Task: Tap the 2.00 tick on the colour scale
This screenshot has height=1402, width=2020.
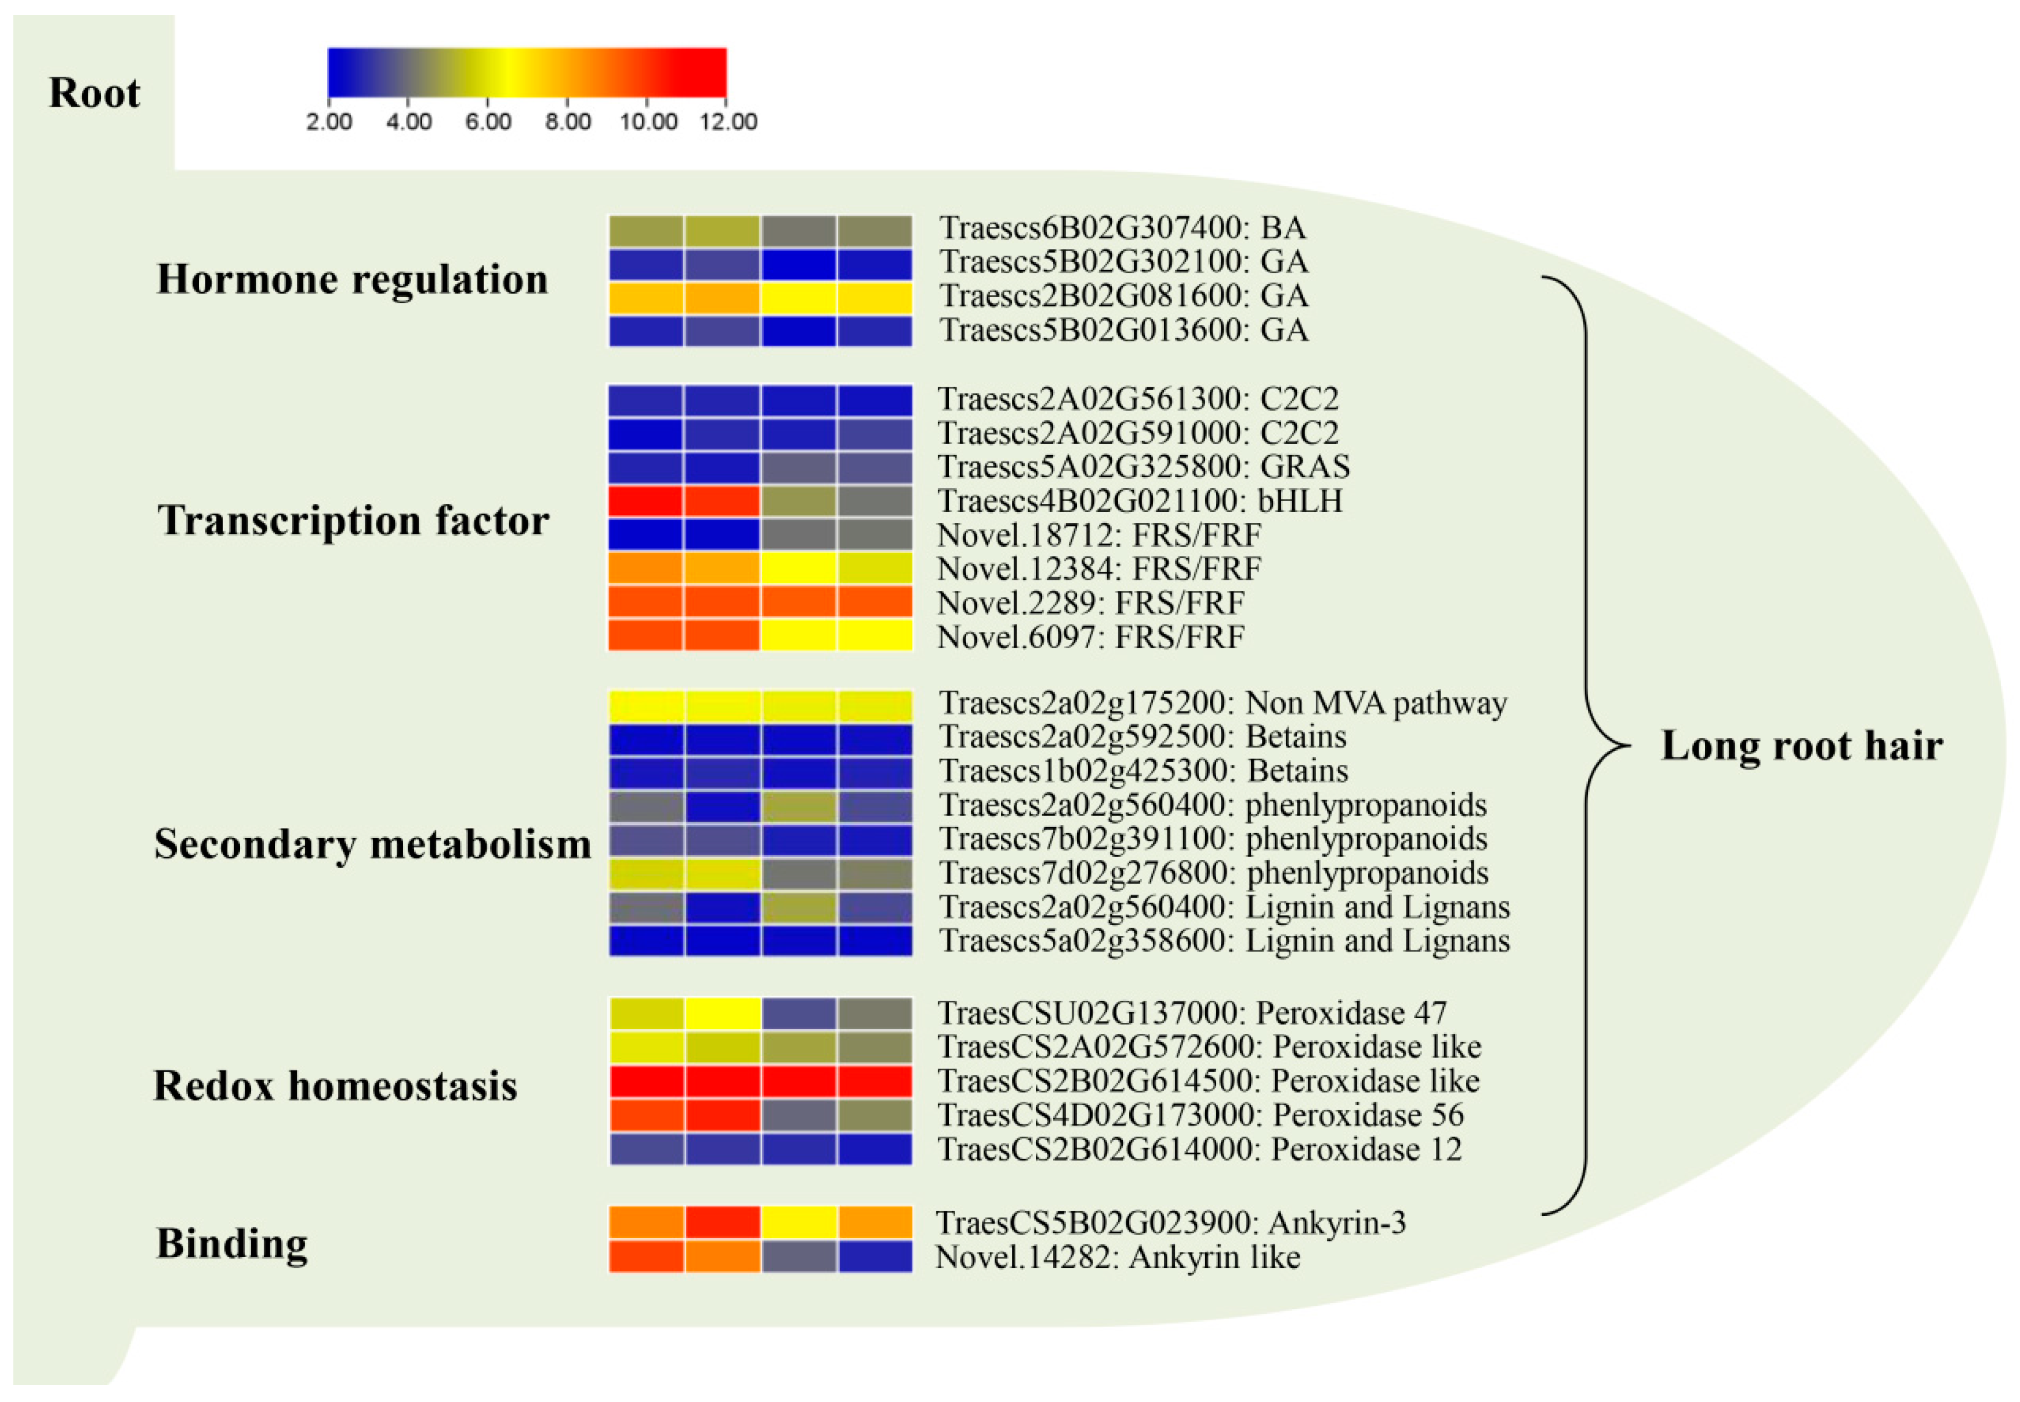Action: pyautogui.click(x=329, y=121)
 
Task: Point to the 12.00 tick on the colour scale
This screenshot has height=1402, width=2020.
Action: pyautogui.click(x=727, y=121)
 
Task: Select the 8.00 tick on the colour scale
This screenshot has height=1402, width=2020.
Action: pyautogui.click(x=568, y=121)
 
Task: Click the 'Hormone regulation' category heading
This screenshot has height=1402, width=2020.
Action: pyautogui.click(x=353, y=279)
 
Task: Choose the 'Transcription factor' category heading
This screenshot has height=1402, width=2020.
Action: pyautogui.click(x=353, y=520)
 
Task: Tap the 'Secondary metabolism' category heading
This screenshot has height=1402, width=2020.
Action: pyautogui.click(x=372, y=844)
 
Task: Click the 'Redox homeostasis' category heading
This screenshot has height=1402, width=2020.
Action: pyautogui.click(x=336, y=1086)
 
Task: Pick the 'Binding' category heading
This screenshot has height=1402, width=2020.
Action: pyautogui.click(x=232, y=1244)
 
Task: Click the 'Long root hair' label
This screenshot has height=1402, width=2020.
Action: pyautogui.click(x=1801, y=746)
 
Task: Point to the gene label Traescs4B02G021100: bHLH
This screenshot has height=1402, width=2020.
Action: pyautogui.click(x=1140, y=501)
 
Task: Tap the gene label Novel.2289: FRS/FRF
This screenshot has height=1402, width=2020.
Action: pyautogui.click(x=1090, y=602)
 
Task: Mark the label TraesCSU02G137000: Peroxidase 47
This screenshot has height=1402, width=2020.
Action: pyautogui.click(x=1191, y=1013)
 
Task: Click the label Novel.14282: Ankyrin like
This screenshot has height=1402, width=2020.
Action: pyautogui.click(x=1118, y=1257)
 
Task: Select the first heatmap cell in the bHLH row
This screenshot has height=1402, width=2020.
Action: pyautogui.click(x=646, y=501)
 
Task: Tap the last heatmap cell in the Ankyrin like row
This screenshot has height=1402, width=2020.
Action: pyautogui.click(x=875, y=1257)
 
